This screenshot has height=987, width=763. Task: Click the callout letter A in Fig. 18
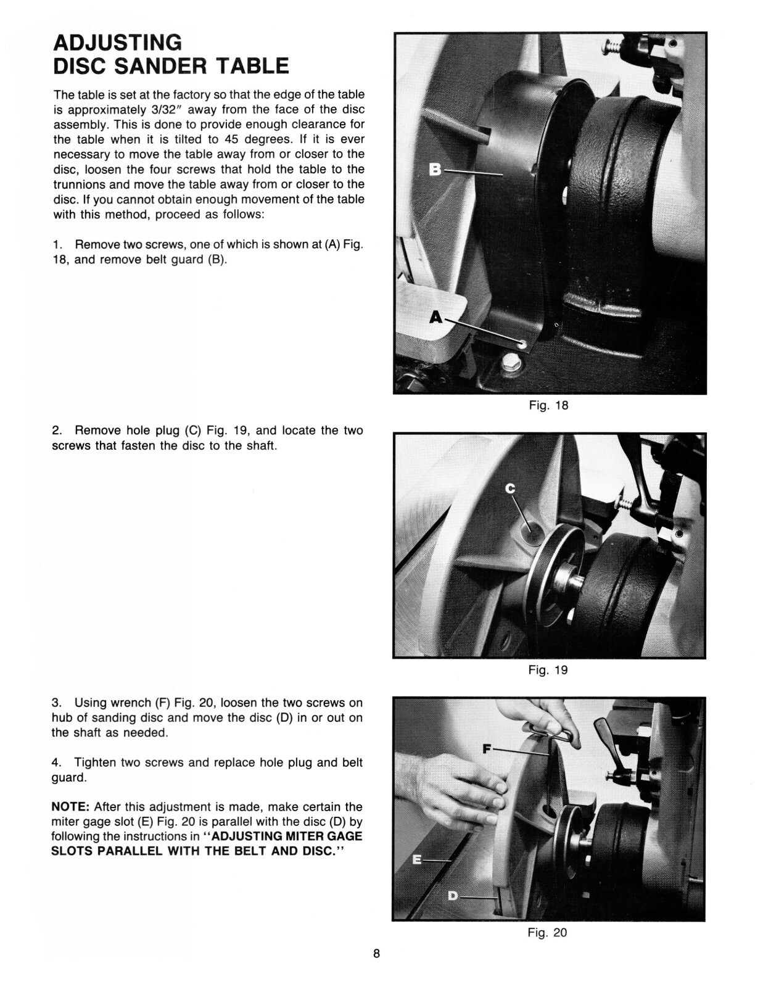click(436, 317)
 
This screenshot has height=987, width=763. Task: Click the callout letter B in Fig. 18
click(435, 169)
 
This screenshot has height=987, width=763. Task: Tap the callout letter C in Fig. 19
click(510, 489)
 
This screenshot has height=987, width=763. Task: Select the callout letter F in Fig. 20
click(487, 749)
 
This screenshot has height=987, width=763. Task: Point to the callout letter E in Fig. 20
click(417, 859)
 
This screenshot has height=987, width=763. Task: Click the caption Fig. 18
click(548, 405)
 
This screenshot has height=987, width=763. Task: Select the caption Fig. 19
click(548, 670)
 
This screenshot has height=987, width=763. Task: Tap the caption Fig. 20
click(547, 933)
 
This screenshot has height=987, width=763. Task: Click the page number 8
click(376, 954)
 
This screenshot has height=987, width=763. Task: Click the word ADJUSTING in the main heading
click(117, 42)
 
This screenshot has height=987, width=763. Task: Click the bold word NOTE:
click(71, 807)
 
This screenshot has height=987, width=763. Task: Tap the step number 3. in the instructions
click(57, 703)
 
